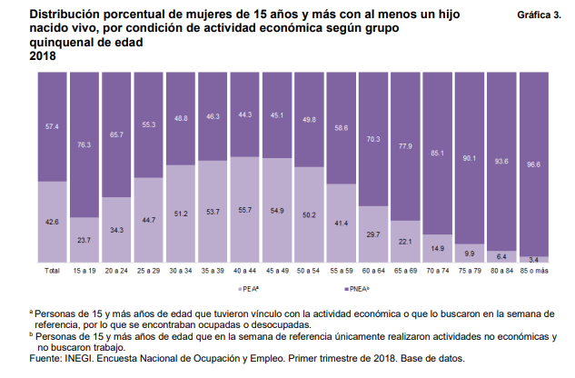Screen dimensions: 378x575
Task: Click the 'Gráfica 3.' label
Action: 539,16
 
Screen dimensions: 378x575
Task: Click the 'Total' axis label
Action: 53,270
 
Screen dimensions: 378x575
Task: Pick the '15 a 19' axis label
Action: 84,270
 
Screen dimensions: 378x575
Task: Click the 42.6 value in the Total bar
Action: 53,222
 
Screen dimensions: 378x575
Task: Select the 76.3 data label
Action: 84,144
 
